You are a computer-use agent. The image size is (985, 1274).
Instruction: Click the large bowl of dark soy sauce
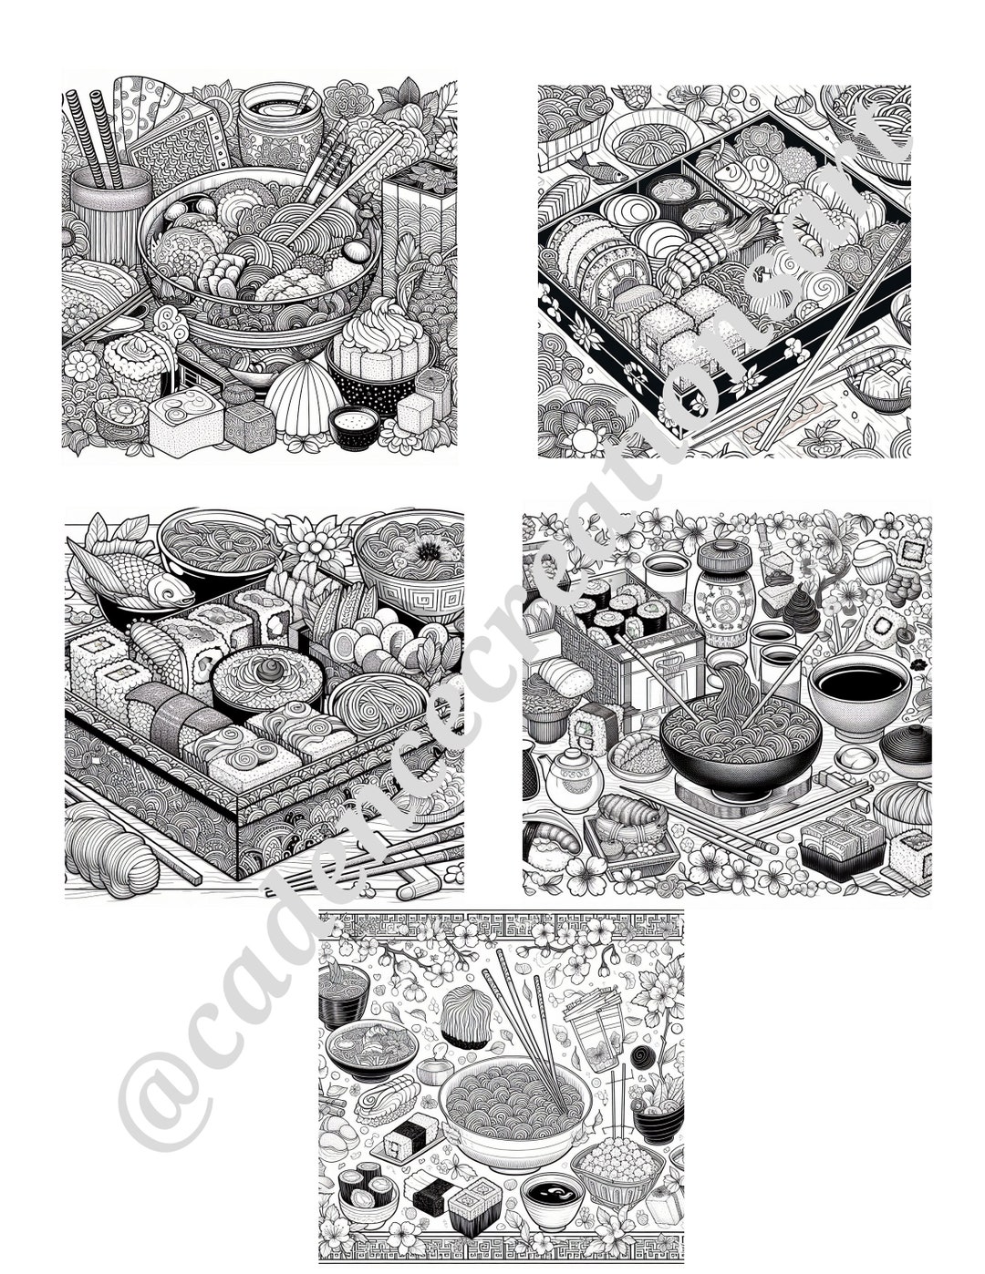coord(857,683)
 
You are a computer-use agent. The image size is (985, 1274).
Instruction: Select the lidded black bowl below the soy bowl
coord(906,742)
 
